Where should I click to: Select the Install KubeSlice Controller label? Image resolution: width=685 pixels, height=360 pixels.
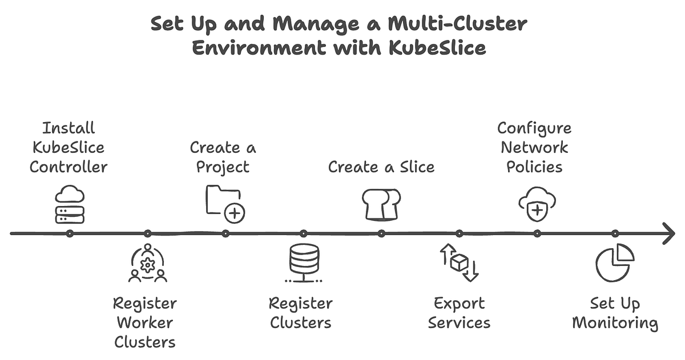coord(68,147)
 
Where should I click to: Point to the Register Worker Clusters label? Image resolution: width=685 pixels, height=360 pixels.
coord(145,322)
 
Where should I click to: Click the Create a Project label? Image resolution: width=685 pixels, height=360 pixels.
coord(223,157)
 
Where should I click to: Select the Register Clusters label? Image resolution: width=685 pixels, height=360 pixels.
coord(301,313)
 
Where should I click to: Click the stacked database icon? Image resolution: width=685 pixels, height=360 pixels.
coord(303,263)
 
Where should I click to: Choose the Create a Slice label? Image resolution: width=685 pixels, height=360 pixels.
coord(381,167)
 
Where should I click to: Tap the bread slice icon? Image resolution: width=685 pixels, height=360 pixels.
coord(381,204)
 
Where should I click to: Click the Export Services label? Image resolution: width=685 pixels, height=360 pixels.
coord(459,313)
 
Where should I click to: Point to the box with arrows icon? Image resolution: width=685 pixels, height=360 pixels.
coord(459,263)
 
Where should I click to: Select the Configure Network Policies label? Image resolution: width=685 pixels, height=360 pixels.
coord(534,147)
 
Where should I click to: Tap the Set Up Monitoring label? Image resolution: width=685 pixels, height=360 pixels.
coord(615,313)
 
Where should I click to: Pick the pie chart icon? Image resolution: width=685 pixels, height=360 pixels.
coord(615,262)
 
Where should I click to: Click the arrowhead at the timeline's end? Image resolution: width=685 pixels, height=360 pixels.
coord(668,233)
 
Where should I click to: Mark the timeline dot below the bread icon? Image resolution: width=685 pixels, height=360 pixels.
coord(381,233)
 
